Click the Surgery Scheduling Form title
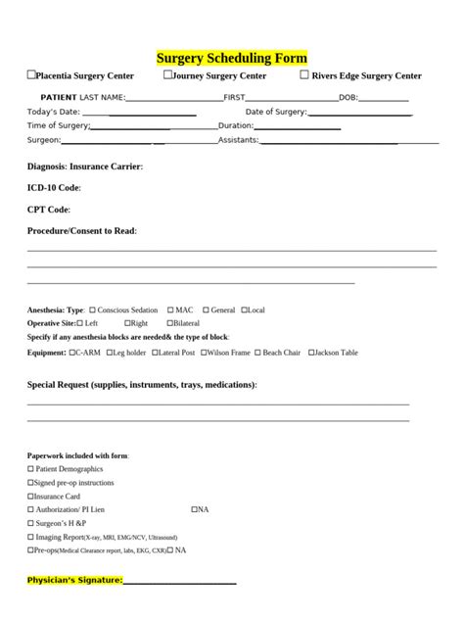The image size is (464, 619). click(232, 59)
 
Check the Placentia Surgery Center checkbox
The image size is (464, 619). click(31, 74)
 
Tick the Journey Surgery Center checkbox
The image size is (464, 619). click(167, 74)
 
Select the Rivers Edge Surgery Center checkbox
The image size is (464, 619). click(304, 74)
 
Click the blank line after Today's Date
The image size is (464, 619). click(153, 113)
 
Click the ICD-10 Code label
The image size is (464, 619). click(54, 187)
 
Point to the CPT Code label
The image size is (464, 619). click(48, 210)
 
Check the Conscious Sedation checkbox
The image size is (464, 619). click(92, 310)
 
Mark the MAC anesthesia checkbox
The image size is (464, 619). click(170, 310)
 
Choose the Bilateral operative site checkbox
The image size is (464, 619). click(169, 323)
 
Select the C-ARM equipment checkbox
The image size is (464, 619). click(70, 353)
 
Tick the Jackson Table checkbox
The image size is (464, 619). click(310, 353)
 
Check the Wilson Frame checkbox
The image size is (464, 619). click(203, 353)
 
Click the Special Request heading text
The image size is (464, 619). click(142, 385)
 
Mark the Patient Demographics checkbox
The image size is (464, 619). click(30, 469)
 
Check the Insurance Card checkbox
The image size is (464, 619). click(30, 497)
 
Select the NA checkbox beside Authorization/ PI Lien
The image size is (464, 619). click(194, 509)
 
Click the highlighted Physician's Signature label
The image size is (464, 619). click(74, 581)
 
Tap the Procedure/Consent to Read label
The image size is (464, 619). click(81, 231)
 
